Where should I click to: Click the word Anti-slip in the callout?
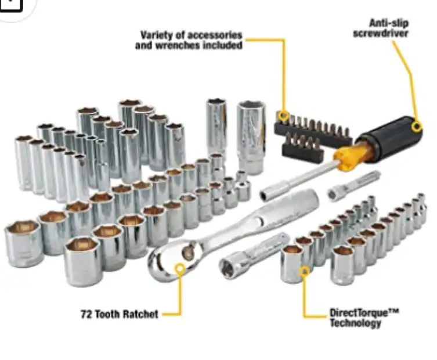point(389,23)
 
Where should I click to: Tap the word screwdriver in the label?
point(381,33)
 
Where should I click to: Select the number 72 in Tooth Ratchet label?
point(86,314)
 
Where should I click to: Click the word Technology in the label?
point(355,323)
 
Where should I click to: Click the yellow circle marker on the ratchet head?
point(180,268)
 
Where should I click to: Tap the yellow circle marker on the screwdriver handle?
point(417,127)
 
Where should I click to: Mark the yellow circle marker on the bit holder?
point(284,115)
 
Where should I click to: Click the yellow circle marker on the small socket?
point(305,271)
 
